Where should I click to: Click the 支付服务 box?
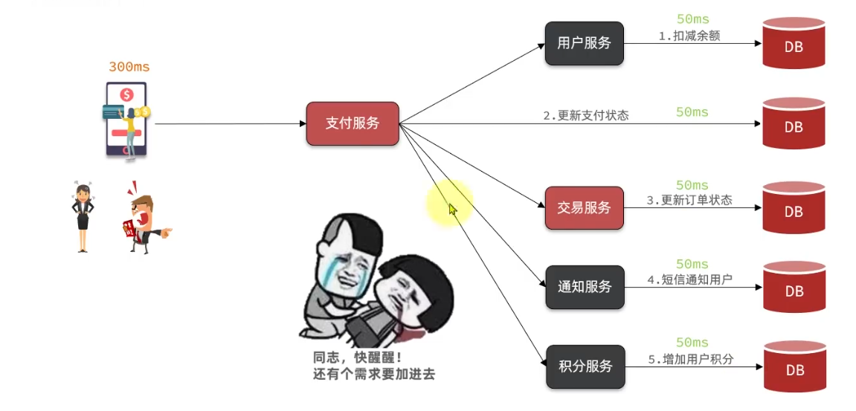point(353,123)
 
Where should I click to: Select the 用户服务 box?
point(584,43)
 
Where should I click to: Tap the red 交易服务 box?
point(584,207)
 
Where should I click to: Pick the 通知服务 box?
point(585,287)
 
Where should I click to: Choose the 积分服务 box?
point(585,366)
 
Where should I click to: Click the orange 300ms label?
point(129,67)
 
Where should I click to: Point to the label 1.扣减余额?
point(689,35)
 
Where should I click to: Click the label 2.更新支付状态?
point(586,115)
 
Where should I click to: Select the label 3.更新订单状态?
point(689,200)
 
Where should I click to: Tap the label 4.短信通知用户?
point(689,279)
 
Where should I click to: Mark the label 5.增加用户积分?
point(690,359)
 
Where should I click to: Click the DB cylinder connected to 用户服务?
point(794,44)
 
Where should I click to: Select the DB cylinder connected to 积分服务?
point(794,367)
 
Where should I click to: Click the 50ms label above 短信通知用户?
point(692,264)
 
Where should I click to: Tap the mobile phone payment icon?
point(126,119)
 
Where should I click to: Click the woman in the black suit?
point(82,216)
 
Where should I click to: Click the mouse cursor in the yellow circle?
point(452,210)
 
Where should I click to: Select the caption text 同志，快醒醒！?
point(358,357)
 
